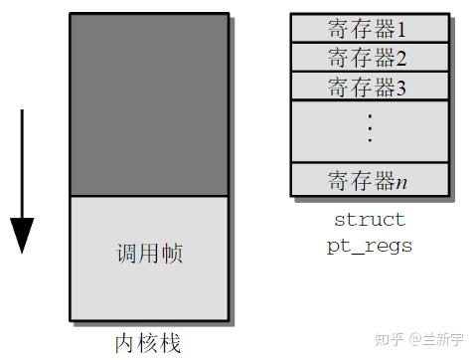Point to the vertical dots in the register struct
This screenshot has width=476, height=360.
coord(370,129)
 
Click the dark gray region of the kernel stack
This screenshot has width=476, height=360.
coord(149,104)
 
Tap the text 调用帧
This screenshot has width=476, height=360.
coord(149,254)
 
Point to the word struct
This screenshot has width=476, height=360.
coord(370,220)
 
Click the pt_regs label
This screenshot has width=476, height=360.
coord(370,245)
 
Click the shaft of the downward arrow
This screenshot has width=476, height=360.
coord(21,159)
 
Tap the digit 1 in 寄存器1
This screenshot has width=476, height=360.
coord(402,28)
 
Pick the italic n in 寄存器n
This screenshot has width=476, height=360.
coord(402,181)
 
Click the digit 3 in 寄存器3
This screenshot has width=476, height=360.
coord(402,87)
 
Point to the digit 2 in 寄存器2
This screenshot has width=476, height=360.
coord(402,58)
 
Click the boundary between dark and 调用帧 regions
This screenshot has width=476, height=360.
coord(149,196)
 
